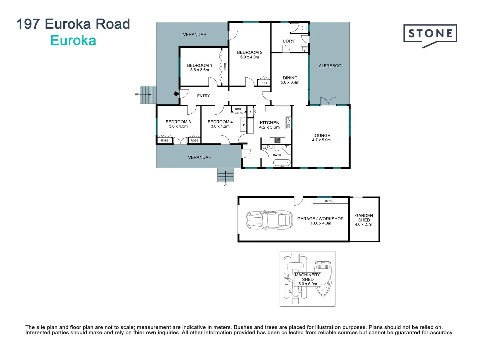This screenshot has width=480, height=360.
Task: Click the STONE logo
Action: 430,34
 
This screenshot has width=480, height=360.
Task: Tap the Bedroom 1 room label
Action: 199,65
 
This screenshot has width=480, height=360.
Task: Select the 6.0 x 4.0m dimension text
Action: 250,57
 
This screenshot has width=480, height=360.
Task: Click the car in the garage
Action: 269,219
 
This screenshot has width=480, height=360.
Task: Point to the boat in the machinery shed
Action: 323,278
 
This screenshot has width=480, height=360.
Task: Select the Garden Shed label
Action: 364,218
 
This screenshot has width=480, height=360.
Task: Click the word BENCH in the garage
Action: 330,201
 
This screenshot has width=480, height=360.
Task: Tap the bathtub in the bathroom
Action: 282,163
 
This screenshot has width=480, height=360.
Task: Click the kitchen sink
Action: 288,122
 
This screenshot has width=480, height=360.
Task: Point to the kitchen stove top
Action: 277,140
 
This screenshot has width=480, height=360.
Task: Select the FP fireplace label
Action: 243,125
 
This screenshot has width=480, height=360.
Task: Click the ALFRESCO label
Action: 330,66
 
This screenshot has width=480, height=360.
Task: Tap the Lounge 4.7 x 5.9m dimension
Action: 321,140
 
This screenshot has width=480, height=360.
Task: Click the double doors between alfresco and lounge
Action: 328,101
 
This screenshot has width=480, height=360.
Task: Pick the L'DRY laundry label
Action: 289,41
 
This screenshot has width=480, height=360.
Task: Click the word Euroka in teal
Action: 73,41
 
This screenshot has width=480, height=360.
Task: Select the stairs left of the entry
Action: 148,95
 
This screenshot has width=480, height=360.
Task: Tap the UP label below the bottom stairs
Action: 225,185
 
